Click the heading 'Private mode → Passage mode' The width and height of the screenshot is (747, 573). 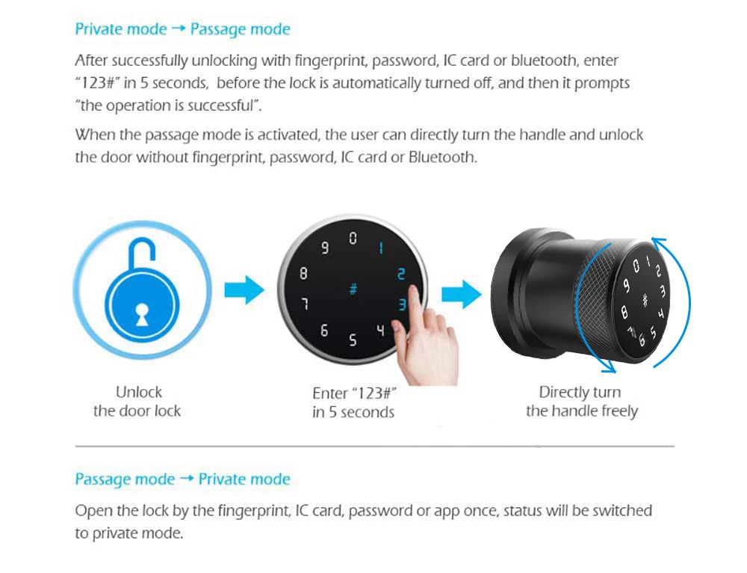182,30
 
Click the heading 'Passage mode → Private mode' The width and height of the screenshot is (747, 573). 182,479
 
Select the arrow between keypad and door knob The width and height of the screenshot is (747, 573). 461,295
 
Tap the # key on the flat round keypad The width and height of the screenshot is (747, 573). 353,289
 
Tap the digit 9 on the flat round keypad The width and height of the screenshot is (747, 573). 324,248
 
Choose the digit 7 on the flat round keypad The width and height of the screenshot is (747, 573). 304,304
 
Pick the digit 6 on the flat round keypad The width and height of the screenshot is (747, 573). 323,331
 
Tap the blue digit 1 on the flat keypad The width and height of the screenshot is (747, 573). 381,248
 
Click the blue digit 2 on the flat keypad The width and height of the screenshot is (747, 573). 401,274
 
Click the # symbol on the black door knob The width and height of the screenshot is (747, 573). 644,300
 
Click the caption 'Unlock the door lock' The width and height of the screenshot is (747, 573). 137,402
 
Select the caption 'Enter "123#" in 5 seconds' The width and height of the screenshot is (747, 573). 353,403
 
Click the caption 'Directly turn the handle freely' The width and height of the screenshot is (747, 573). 581,402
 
